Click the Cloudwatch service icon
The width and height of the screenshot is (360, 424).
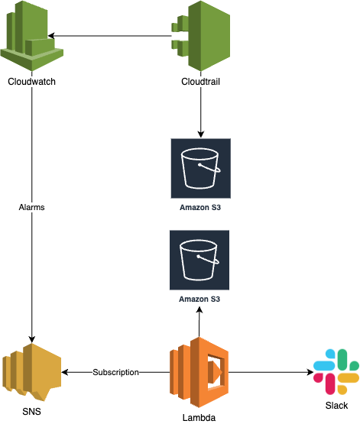click(31, 36)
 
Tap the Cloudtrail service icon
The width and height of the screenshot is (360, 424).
click(200, 36)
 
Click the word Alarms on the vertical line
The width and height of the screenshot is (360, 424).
click(31, 207)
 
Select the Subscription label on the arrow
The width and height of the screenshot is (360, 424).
click(115, 372)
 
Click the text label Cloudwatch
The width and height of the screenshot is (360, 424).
click(31, 82)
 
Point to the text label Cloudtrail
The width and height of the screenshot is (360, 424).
click(200, 82)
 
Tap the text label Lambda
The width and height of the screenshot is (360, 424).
click(199, 417)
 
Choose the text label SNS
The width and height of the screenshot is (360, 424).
click(31, 413)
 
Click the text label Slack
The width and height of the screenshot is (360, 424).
click(337, 406)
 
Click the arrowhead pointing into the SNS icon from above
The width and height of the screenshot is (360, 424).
click(31, 338)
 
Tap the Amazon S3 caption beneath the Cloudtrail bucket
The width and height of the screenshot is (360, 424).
click(200, 206)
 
